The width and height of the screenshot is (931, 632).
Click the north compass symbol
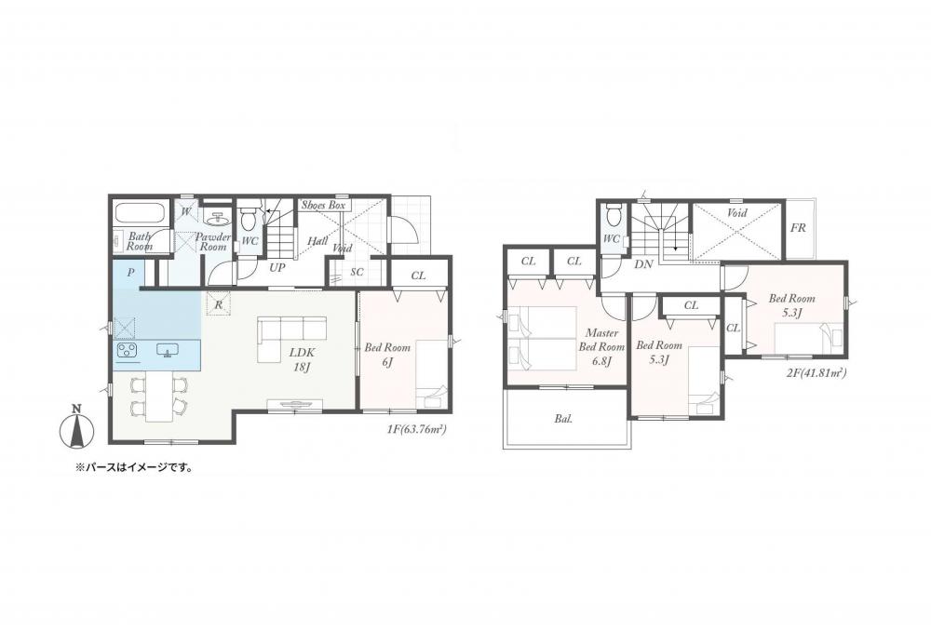click(76, 427)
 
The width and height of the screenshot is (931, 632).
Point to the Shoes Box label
click(324, 206)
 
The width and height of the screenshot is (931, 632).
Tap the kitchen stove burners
click(128, 351)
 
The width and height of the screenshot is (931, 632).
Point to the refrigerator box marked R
click(218, 305)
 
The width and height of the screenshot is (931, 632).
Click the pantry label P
click(131, 273)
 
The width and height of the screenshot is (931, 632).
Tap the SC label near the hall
click(357, 273)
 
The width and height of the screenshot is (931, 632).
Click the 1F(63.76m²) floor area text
click(416, 428)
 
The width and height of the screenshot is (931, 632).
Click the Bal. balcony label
click(563, 419)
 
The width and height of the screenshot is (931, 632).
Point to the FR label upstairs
click(799, 227)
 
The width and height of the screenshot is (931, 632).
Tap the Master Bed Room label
click(601, 347)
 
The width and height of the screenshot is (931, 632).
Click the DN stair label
click(643, 264)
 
